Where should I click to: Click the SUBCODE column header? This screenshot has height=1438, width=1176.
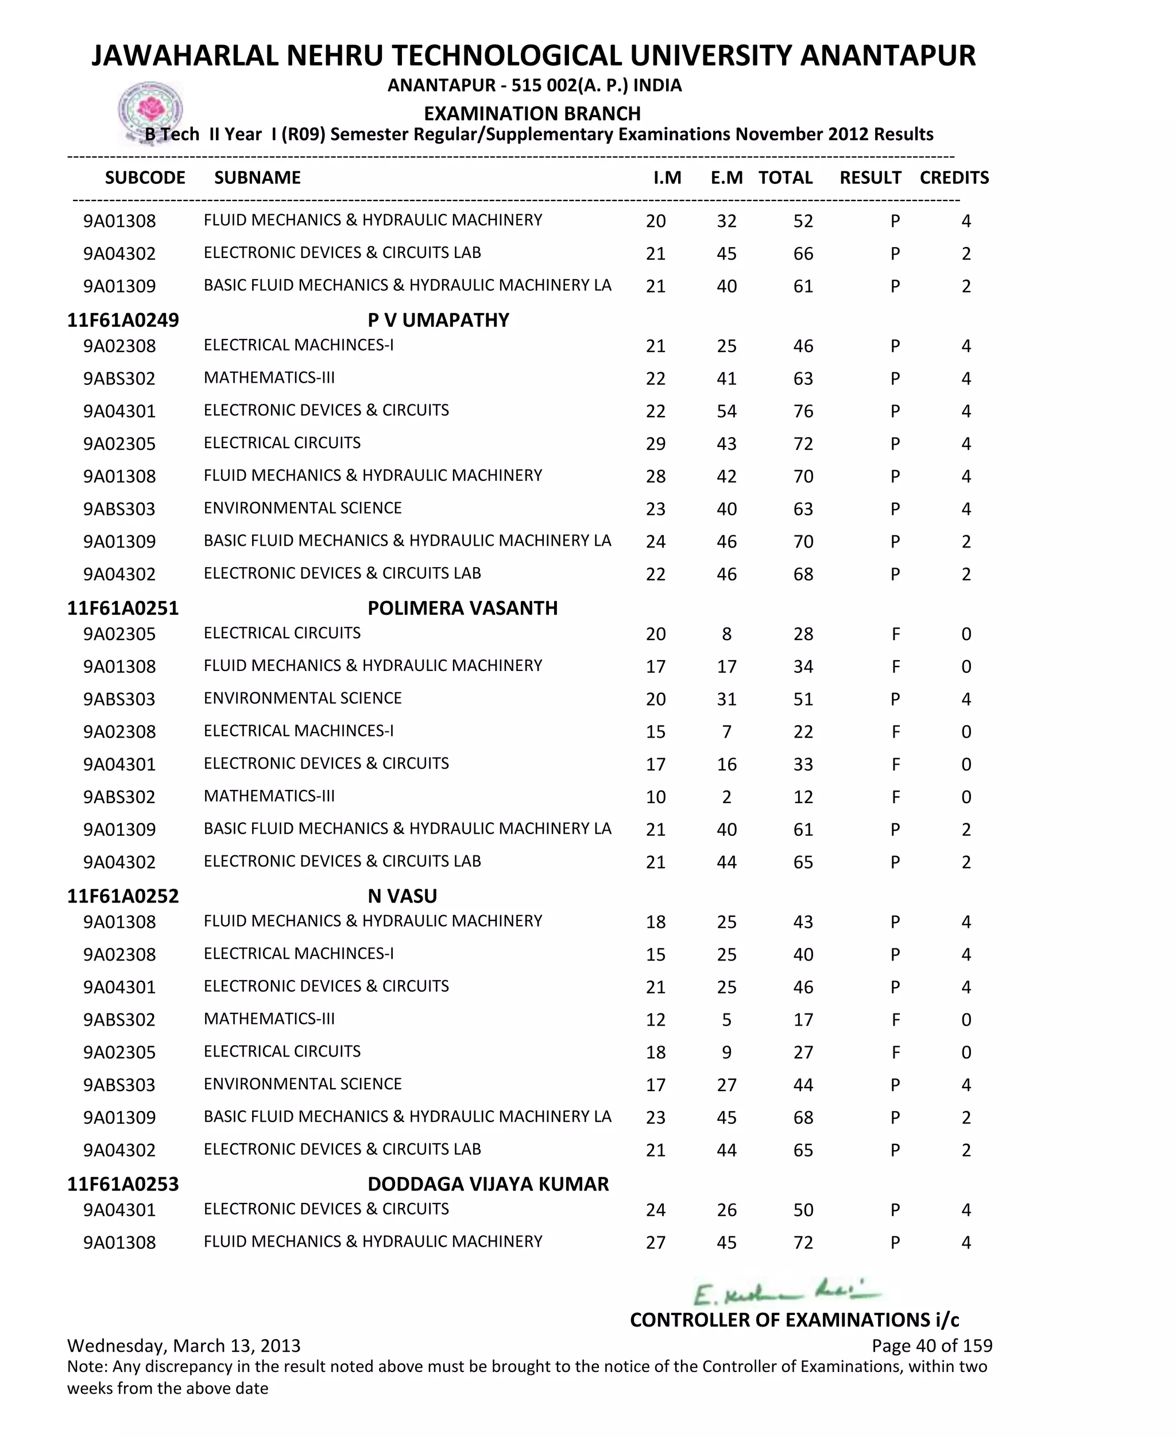(145, 178)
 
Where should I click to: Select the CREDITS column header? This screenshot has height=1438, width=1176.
(954, 178)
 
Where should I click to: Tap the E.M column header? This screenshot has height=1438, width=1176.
(726, 178)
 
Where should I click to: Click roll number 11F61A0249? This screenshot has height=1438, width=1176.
(123, 320)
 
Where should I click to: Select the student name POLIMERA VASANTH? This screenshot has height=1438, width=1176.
(462, 608)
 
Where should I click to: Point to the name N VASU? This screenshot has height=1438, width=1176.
(402, 896)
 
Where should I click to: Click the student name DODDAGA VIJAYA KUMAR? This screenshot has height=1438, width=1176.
(488, 1184)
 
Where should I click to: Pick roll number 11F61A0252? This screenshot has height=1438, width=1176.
(123, 896)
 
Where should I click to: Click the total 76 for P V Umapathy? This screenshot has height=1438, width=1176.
(803, 411)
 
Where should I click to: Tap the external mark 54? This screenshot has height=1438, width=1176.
(726, 411)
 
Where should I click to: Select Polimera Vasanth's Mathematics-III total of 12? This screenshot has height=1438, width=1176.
(803, 797)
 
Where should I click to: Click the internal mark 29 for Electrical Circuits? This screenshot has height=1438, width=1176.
(655, 444)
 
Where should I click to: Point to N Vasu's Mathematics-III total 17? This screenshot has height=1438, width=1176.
(803, 1020)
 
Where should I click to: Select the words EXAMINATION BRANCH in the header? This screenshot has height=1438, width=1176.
(532, 113)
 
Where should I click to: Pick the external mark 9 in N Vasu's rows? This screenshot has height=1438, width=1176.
(726, 1053)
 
